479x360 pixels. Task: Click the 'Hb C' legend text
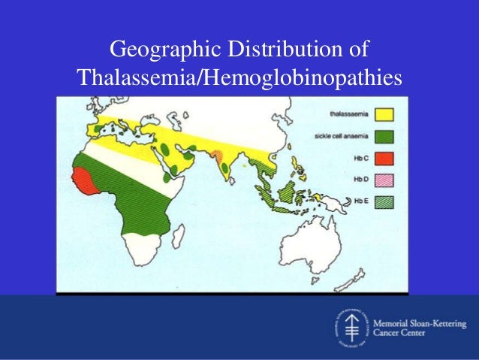coord(359,159)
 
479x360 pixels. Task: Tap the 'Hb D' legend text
coord(359,180)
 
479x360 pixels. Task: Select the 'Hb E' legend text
coord(359,201)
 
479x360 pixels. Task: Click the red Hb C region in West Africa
coord(80,180)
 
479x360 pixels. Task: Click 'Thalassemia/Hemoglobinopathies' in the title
coord(239,77)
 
